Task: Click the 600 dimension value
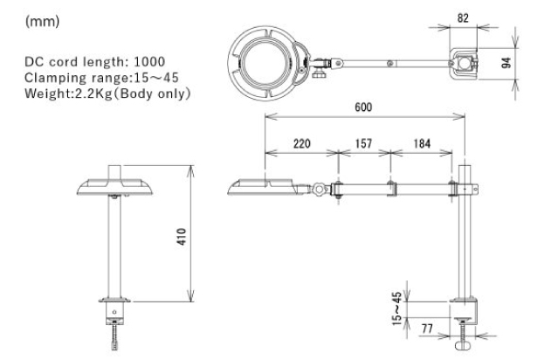[x=363, y=107]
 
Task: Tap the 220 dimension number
[x=302, y=143]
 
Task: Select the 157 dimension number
[x=363, y=143]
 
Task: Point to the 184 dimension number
[x=422, y=143]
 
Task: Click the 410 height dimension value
[x=182, y=237]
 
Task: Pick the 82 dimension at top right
[x=463, y=18]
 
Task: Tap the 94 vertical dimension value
[x=506, y=63]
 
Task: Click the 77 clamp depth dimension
[x=427, y=329]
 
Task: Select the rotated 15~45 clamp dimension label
[x=397, y=308]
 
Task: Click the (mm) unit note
[x=42, y=22]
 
